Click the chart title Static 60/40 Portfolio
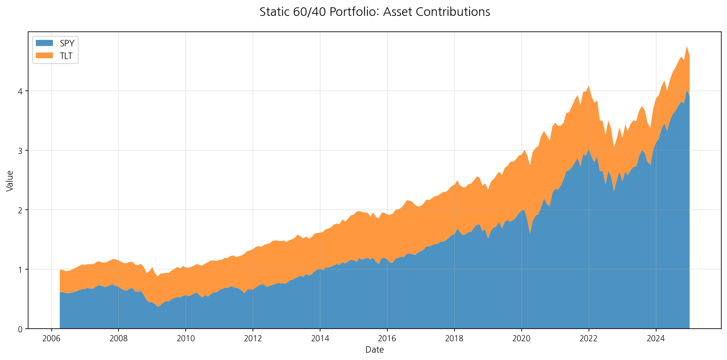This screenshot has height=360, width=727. tap(374, 12)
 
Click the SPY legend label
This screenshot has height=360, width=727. tap(67, 44)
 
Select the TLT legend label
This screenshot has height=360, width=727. tap(66, 56)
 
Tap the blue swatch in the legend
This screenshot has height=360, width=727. tap(44, 43)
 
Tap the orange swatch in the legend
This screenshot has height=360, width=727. tap(44, 56)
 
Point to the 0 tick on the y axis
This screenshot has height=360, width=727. tap(20, 329)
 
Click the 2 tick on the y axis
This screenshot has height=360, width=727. tap(20, 210)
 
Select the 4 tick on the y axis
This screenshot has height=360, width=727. tap(20, 91)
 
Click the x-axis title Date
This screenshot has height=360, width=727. tap(374, 350)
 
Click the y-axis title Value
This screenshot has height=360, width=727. tap(10, 180)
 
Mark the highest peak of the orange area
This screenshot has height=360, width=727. tap(687, 46)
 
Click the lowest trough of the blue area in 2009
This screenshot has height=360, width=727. tap(158, 306)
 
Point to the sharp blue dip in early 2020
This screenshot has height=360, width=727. tap(530, 233)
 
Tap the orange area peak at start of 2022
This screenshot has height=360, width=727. tap(589, 86)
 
